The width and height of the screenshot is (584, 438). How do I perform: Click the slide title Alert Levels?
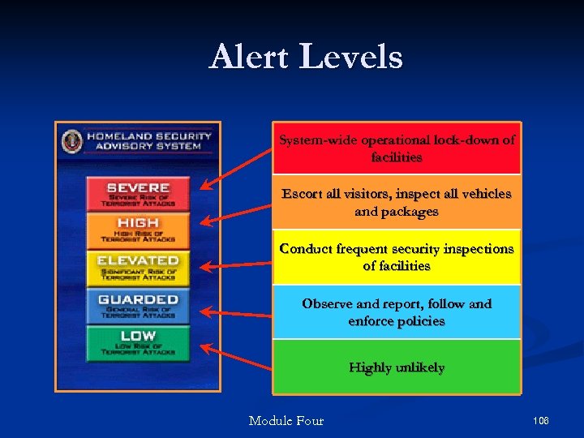(306, 58)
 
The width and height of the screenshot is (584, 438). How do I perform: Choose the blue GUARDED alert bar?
(138, 306)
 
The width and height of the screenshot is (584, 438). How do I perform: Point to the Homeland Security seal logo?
(72, 141)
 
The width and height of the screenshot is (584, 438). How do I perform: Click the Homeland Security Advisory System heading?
(148, 141)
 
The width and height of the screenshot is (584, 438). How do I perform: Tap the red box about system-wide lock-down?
(397, 148)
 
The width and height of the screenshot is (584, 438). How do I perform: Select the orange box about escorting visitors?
(397, 203)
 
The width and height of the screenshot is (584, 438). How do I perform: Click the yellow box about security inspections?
(397, 257)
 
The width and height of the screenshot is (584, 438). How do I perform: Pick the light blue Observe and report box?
(397, 312)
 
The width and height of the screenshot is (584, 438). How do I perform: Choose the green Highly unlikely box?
(397, 367)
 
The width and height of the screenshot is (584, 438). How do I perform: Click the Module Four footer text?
(286, 420)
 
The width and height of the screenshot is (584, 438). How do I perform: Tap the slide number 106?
(541, 420)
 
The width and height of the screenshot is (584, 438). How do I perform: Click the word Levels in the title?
(356, 58)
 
